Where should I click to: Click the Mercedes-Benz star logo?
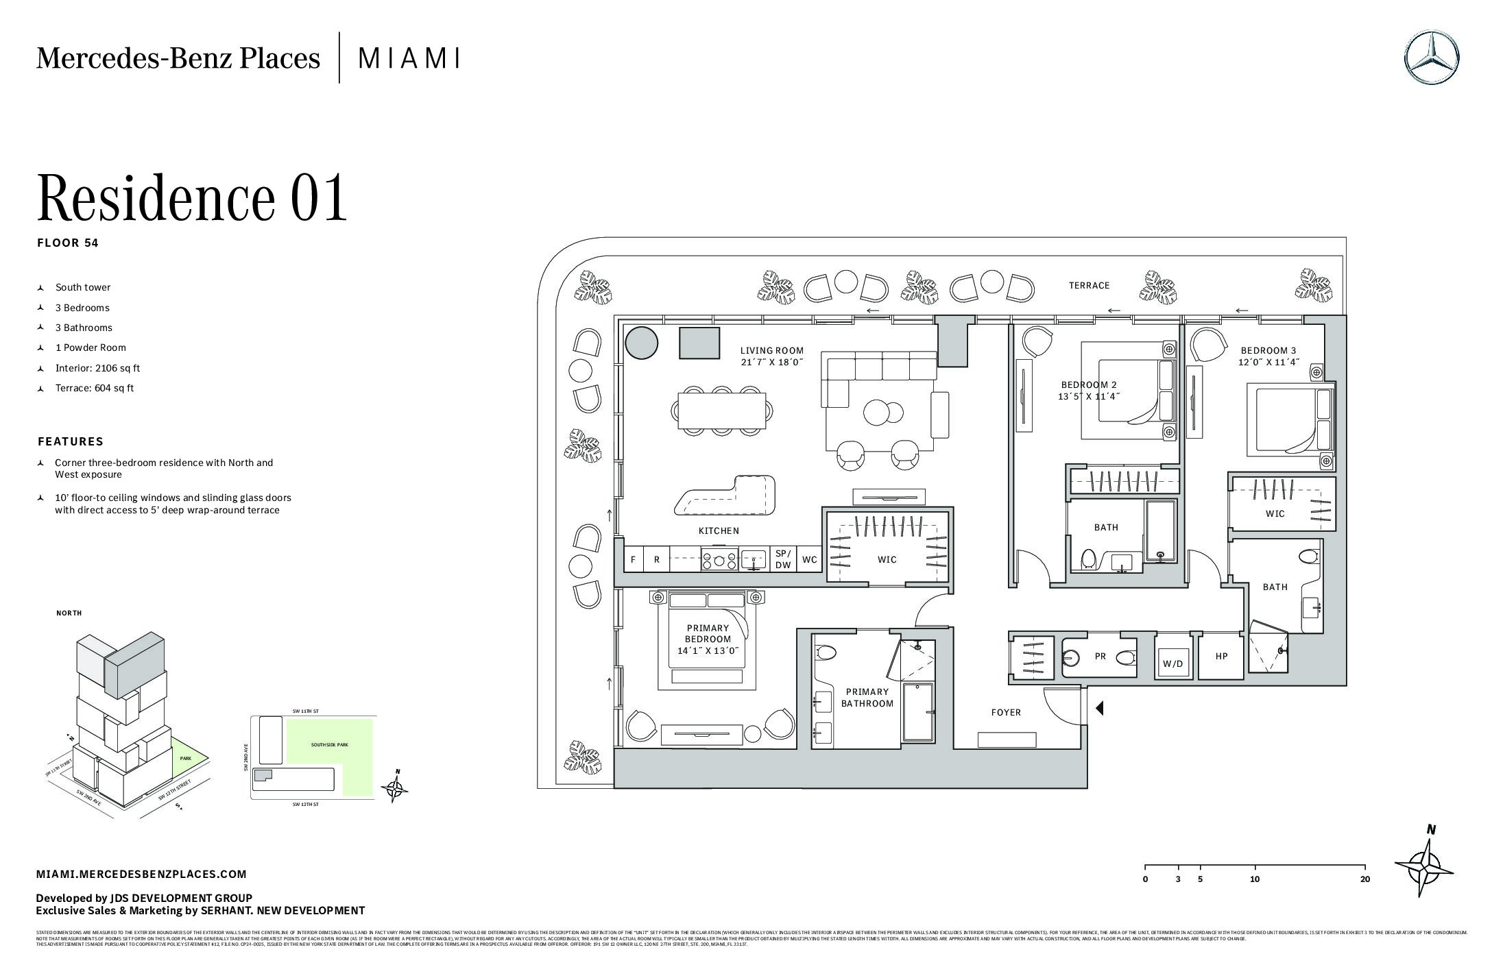point(1431,58)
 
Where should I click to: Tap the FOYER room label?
point(1006,713)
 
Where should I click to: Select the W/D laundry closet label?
point(1172,664)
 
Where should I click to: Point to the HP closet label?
point(1221,657)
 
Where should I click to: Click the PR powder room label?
point(1100,657)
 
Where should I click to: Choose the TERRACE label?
point(1089,286)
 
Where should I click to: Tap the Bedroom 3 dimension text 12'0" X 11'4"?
point(1268,363)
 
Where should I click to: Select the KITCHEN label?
point(719,530)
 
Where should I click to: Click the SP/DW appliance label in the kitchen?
point(783,559)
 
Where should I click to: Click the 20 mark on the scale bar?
point(1364,879)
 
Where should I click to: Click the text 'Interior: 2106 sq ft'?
point(97,368)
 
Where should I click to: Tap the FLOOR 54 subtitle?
point(68,243)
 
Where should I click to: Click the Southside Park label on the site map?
point(329,744)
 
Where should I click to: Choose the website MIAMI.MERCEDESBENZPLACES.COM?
point(141,874)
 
